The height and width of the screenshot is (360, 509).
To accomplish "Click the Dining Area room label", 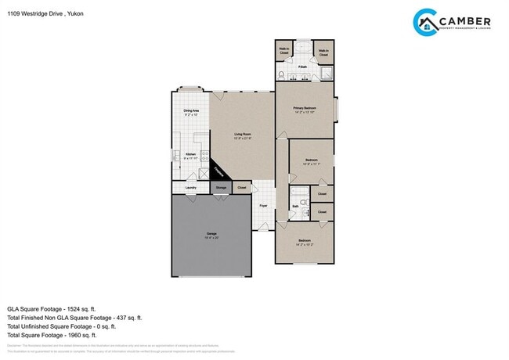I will pyautogui.click(x=191, y=112).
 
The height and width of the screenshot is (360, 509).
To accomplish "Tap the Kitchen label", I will pyautogui.click(x=190, y=155).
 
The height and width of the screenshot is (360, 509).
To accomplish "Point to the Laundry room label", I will pyautogui.click(x=190, y=188).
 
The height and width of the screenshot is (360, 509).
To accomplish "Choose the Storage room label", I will pyautogui.click(x=222, y=188).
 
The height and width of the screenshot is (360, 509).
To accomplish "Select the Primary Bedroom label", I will pyautogui.click(x=304, y=109).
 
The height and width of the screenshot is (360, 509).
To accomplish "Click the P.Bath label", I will pyautogui.click(x=301, y=67).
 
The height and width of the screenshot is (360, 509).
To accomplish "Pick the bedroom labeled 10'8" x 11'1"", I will pyautogui.click(x=312, y=160).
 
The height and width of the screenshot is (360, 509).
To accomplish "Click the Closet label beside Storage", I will pyautogui.click(x=242, y=188).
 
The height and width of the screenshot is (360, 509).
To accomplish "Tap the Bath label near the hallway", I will pyautogui.click(x=295, y=207).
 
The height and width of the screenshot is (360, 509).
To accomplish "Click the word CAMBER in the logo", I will pyautogui.click(x=465, y=20).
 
